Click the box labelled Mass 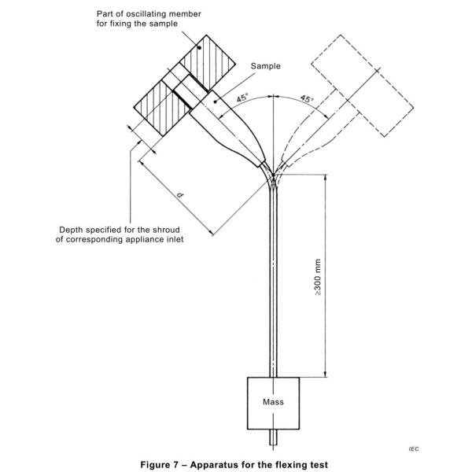click(273, 402)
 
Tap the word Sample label click(266, 67)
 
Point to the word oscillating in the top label click(149, 13)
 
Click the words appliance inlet click(158, 239)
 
